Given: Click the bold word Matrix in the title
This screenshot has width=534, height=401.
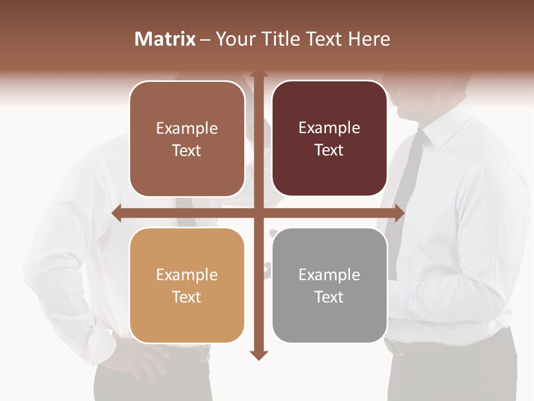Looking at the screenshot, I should coord(165,39).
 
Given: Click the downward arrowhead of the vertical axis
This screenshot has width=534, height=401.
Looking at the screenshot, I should coord(258,355).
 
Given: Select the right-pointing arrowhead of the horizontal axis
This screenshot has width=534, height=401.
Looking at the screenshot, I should coord(399,213).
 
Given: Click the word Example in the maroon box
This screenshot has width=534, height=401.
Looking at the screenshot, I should coord(329,128).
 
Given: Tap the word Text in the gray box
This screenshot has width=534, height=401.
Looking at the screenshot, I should coord(329,297).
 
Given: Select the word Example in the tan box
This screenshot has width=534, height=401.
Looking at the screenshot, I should coord(187,275).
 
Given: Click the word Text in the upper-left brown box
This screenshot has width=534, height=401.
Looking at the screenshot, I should coord(187,150).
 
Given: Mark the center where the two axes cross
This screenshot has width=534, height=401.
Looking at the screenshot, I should coord(258,213).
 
